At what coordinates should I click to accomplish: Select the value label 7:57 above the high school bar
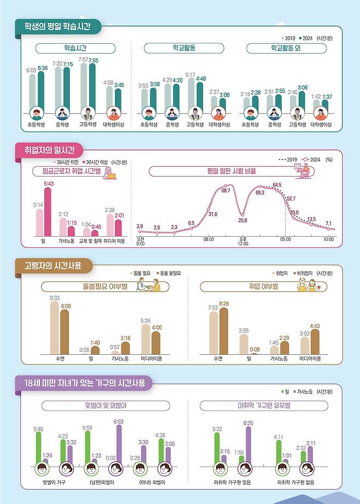[83, 60]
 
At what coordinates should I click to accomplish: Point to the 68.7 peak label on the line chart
[225, 190]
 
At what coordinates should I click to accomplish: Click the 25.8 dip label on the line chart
[242, 220]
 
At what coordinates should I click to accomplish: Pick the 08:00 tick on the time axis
[208, 239]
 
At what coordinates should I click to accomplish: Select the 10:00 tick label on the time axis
[328, 239]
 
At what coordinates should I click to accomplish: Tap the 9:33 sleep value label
[55, 298]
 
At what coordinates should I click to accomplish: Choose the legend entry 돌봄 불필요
[170, 272]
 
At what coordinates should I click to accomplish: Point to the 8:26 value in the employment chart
[223, 303]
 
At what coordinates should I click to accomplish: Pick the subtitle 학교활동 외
[286, 49]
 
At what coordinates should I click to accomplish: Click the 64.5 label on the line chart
[277, 185]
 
